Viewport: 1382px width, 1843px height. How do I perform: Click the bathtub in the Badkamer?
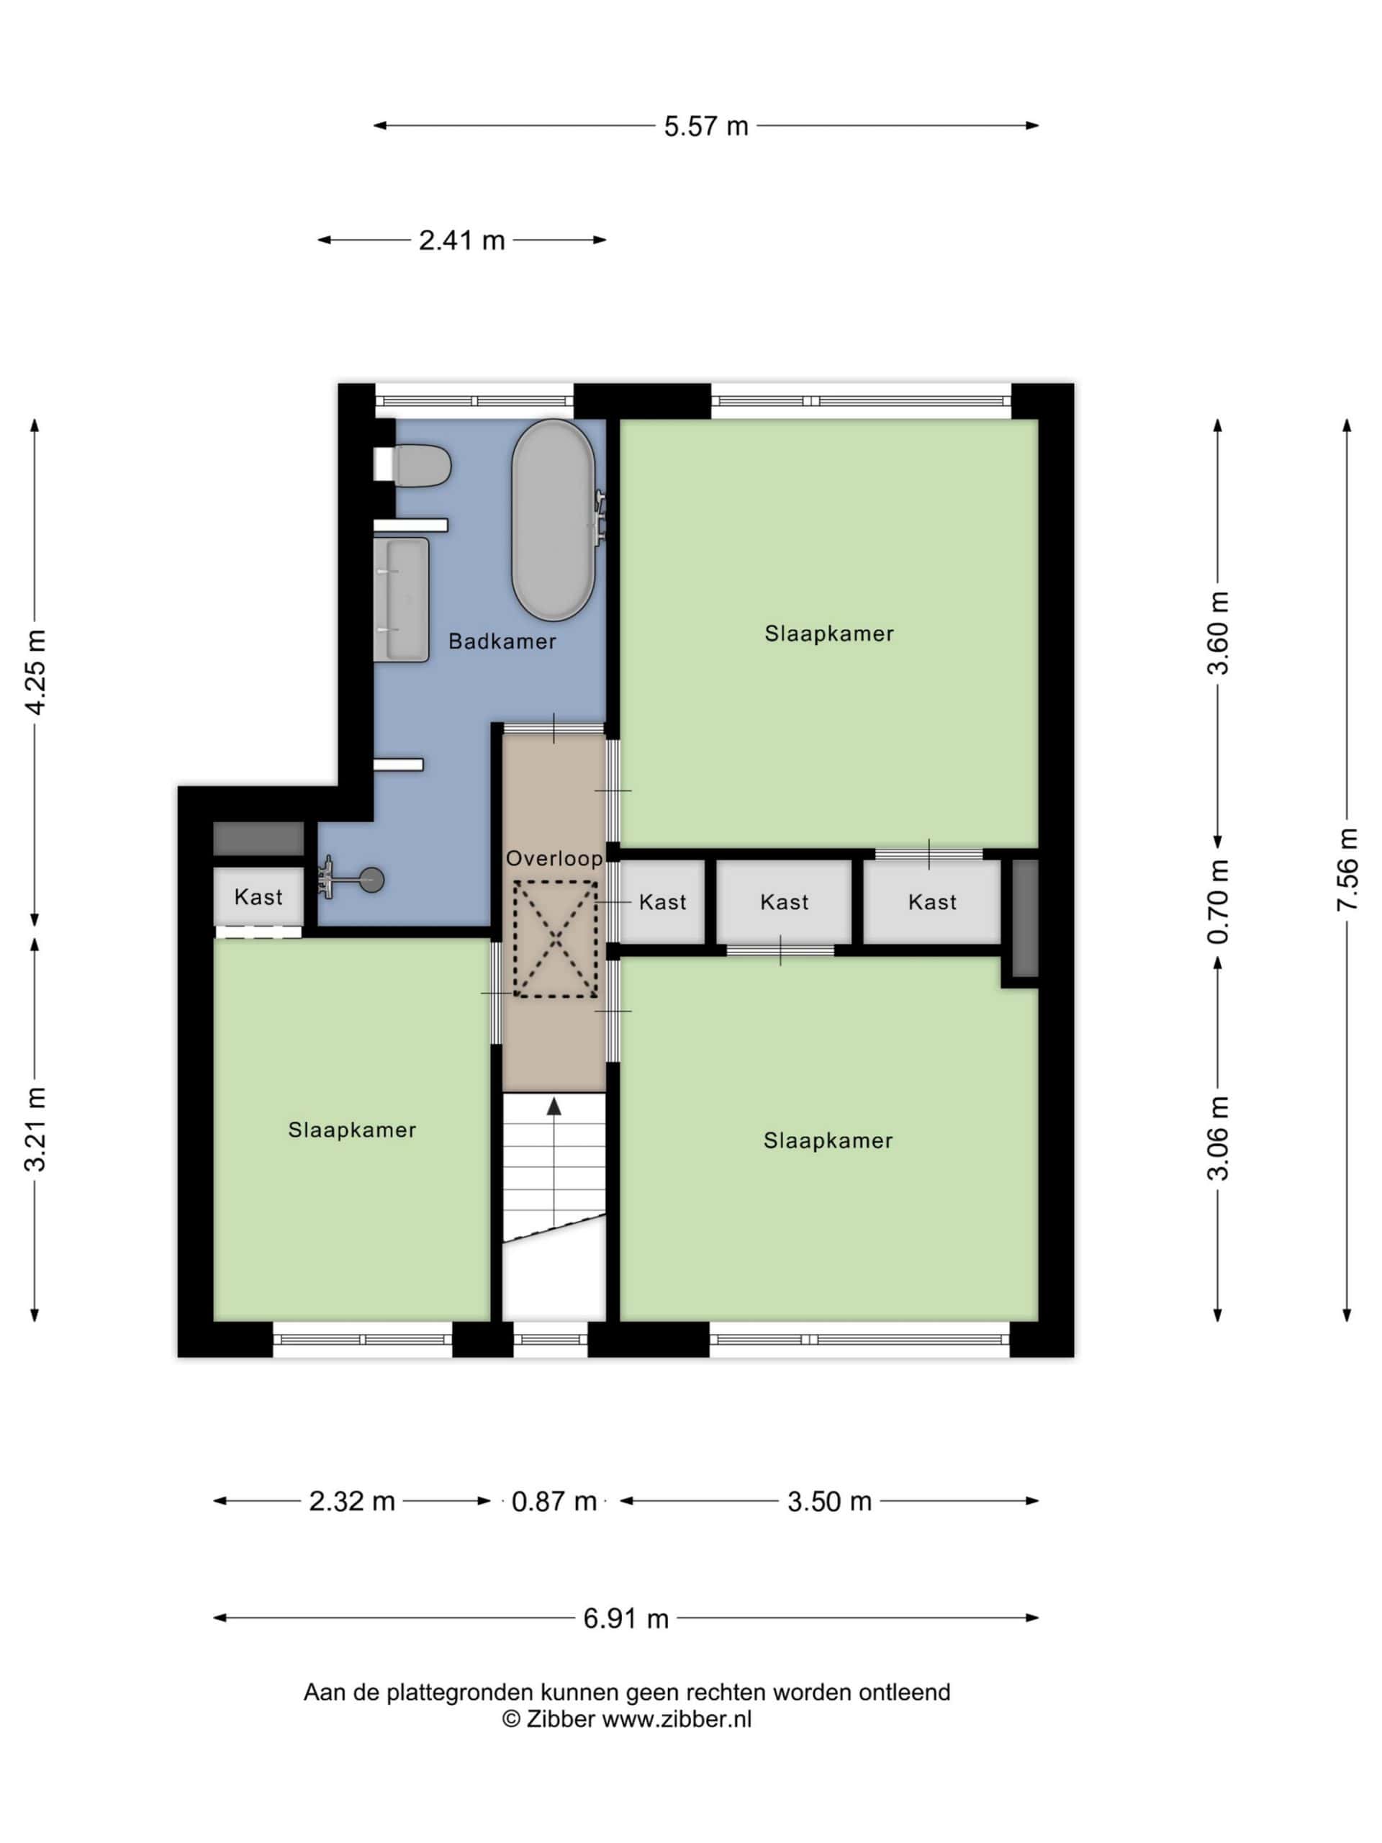pyautogui.click(x=552, y=519)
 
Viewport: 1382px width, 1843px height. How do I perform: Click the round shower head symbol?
pyautogui.click(x=372, y=880)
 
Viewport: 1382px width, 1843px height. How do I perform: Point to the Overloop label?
pyautogui.click(x=554, y=858)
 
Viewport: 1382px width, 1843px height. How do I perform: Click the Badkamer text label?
pyautogui.click(x=502, y=641)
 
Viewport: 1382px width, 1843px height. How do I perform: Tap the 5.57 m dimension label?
pyautogui.click(x=705, y=126)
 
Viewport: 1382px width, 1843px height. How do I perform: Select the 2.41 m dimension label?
pyautogui.click(x=461, y=240)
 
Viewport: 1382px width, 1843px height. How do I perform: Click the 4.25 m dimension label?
pyautogui.click(x=35, y=672)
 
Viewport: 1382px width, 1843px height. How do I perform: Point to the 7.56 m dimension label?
pyautogui.click(x=1347, y=869)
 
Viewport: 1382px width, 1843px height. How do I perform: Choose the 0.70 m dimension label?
pyautogui.click(x=1218, y=901)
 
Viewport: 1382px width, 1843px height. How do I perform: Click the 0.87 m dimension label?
pyautogui.click(x=554, y=1501)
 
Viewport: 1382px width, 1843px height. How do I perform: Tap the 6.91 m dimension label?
pyautogui.click(x=625, y=1618)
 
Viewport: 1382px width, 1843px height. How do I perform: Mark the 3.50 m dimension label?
pyautogui.click(x=829, y=1501)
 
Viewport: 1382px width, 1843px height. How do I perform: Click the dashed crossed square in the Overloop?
pyautogui.click(x=555, y=938)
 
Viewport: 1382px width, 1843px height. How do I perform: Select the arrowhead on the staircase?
pyautogui.click(x=554, y=1106)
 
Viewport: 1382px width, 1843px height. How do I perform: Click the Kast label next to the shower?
pyautogui.click(x=258, y=896)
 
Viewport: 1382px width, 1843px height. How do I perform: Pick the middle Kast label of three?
pyautogui.click(x=784, y=901)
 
